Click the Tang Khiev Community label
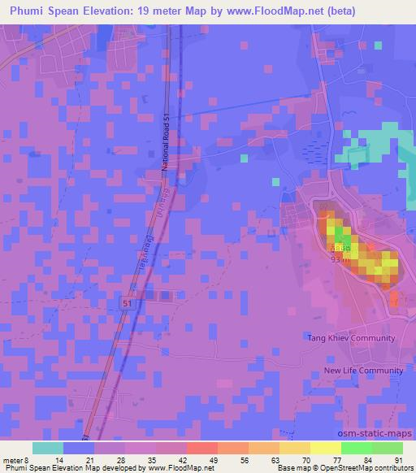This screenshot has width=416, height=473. click(350, 338)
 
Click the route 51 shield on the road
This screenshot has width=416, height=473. click(127, 302)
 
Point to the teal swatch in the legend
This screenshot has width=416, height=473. click(48, 448)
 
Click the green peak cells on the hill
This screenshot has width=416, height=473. click(336, 236)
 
